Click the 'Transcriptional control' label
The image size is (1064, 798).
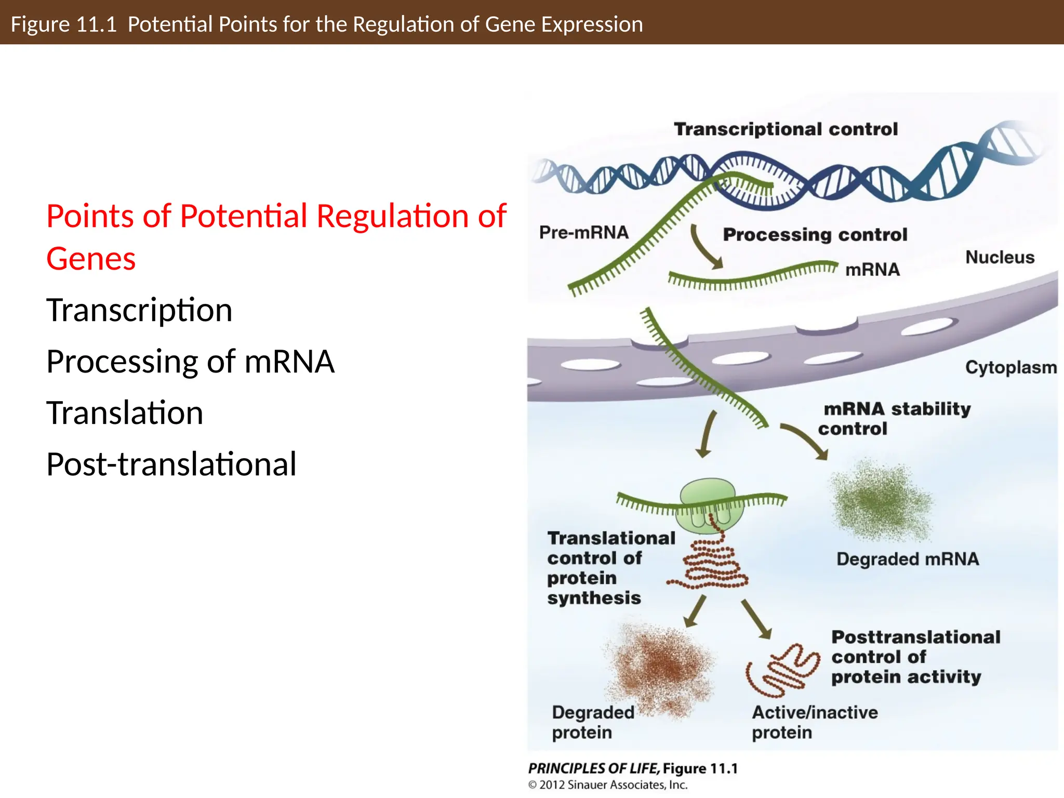[786, 129]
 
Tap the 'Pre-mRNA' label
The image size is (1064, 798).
[583, 232]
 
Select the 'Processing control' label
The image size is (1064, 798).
[815, 234]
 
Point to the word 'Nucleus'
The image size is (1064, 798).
[1000, 257]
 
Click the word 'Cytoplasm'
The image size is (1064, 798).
[1010, 367]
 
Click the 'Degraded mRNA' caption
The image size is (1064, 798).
[907, 559]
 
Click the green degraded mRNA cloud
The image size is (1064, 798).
[881, 500]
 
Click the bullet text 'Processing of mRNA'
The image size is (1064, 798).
[190, 361]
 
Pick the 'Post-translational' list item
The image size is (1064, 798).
[171, 464]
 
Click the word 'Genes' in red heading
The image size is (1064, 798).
[91, 259]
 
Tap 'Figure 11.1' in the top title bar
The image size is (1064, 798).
[63, 24]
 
